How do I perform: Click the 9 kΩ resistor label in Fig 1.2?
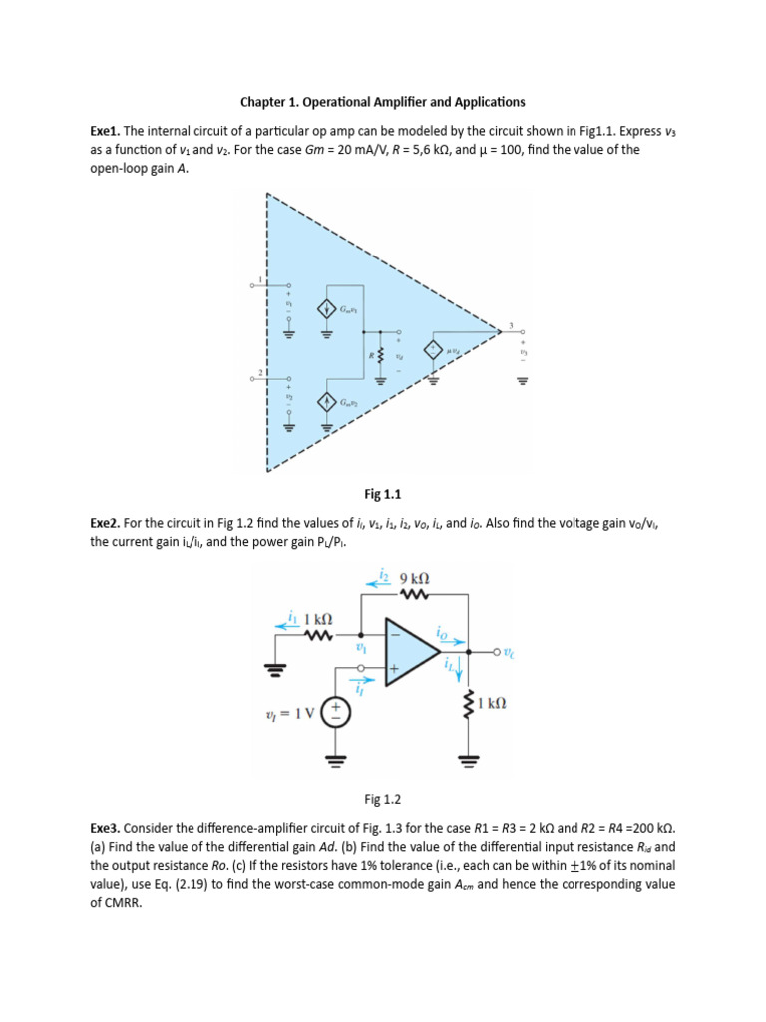coord(414,578)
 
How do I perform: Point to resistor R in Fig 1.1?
coord(380,353)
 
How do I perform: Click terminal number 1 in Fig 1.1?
coord(261,278)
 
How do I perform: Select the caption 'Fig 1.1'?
coord(383,493)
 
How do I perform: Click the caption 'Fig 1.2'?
coord(383,799)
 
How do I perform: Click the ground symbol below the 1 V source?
coord(335,759)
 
